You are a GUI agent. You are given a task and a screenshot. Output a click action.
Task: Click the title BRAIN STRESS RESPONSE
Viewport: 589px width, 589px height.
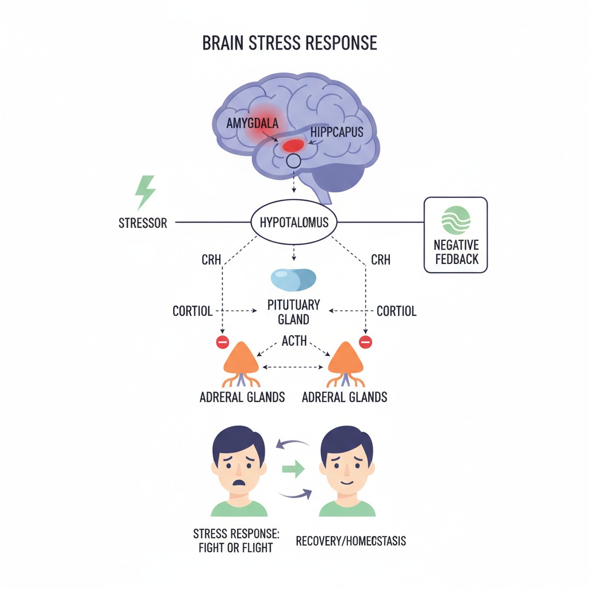click(x=289, y=44)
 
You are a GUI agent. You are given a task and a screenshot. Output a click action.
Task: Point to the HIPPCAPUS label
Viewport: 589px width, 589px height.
click(x=336, y=132)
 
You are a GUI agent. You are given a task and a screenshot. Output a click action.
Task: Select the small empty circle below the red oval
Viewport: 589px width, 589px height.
click(x=293, y=161)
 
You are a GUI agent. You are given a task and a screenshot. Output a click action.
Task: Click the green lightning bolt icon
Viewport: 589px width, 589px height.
click(x=144, y=193)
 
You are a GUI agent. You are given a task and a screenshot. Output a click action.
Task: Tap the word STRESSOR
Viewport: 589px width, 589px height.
click(x=143, y=223)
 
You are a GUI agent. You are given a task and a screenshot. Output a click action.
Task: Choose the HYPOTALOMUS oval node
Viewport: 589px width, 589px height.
click(x=294, y=222)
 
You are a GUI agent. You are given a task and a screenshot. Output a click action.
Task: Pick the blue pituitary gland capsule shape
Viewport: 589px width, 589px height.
click(x=293, y=279)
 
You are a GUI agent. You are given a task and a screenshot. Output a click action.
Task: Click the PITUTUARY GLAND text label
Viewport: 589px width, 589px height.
click(x=293, y=312)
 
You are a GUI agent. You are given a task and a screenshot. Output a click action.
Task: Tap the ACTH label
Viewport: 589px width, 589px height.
click(x=294, y=342)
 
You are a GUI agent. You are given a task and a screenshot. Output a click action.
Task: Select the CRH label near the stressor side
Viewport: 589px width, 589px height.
click(x=212, y=260)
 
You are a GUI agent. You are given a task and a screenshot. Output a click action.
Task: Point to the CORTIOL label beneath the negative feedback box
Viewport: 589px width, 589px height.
click(x=396, y=311)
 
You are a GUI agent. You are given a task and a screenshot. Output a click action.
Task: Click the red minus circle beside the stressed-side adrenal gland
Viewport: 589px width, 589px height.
click(x=222, y=342)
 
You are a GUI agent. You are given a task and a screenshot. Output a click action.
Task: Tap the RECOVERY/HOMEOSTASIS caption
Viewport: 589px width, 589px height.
click(x=351, y=541)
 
